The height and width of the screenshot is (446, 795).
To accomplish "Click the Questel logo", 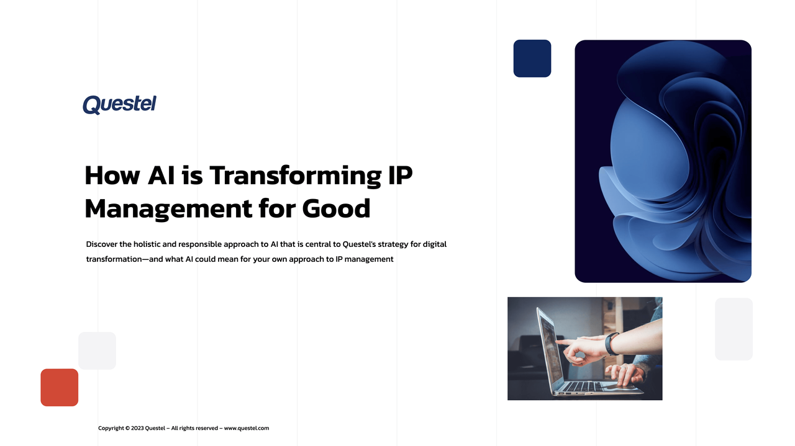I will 119,104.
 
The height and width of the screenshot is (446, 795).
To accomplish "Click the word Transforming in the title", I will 294,176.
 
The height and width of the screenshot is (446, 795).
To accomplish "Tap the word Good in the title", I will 336,208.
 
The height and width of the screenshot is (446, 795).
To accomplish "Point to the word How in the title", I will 112,176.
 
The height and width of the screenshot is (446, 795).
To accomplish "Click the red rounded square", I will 60,388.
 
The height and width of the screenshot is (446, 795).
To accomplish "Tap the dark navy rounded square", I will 532,58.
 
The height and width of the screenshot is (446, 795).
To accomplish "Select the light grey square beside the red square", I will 97,350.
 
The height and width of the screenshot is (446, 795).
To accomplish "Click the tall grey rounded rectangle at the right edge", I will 734,329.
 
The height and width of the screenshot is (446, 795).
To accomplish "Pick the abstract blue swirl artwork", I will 663,161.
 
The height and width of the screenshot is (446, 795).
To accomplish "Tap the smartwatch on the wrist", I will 612,343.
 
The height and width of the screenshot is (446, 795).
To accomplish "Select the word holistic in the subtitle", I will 147,244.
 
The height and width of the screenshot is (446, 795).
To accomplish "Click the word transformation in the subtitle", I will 114,259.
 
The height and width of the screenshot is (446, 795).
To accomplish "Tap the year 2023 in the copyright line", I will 137,428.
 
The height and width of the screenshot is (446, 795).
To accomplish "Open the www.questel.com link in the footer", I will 247,428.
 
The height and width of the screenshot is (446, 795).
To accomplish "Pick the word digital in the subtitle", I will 434,244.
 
